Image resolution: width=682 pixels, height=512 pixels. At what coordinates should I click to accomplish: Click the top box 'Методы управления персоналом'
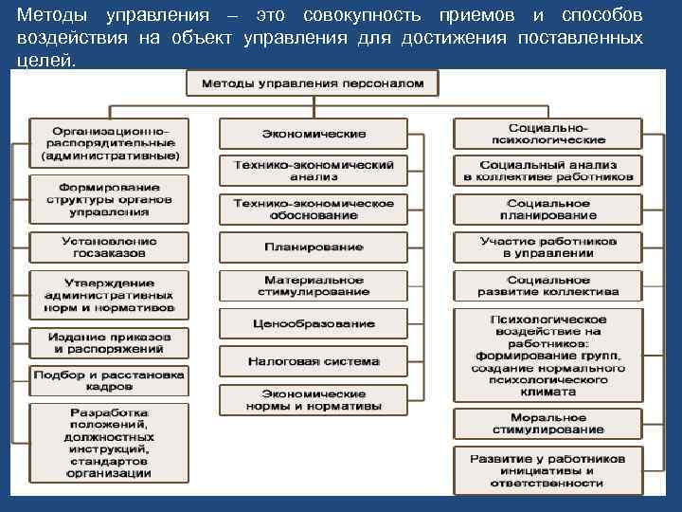(312, 83)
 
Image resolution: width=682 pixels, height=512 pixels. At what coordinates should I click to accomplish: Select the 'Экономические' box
(313, 134)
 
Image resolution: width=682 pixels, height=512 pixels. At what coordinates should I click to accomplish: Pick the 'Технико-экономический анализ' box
(313, 171)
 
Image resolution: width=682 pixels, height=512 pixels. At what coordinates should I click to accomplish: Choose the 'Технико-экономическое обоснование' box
(313, 209)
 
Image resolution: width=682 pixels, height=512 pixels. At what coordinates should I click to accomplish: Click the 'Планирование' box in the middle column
(313, 247)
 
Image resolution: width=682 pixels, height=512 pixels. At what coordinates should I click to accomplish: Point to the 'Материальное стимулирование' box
(313, 285)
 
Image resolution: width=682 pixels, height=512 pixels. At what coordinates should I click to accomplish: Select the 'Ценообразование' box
(313, 323)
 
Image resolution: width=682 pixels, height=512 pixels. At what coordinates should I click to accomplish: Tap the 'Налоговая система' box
(313, 361)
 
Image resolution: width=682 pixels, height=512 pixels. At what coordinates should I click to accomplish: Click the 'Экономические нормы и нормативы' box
(313, 400)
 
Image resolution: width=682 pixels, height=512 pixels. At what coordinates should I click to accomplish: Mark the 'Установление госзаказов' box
(108, 247)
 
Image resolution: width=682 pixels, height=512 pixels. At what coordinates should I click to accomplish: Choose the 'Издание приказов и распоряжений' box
(108, 343)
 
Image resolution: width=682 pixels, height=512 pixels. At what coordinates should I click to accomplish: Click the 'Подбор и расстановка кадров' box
(108, 381)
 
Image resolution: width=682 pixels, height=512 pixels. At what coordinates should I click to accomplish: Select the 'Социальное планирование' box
(547, 210)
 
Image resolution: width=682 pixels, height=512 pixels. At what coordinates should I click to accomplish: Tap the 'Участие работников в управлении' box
(547, 247)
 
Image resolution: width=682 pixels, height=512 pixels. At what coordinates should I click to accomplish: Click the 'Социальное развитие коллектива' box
(547, 285)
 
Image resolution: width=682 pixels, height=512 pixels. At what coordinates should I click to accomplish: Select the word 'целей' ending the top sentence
(43, 60)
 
